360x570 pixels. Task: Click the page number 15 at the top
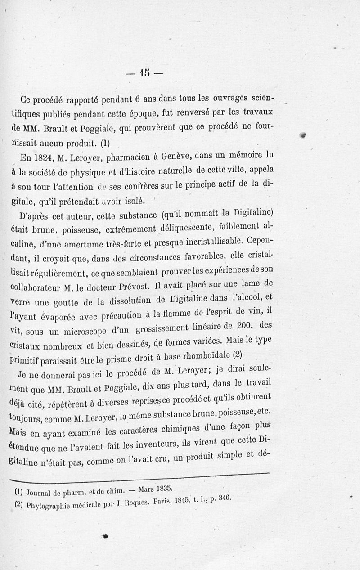pyautogui.click(x=144, y=72)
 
